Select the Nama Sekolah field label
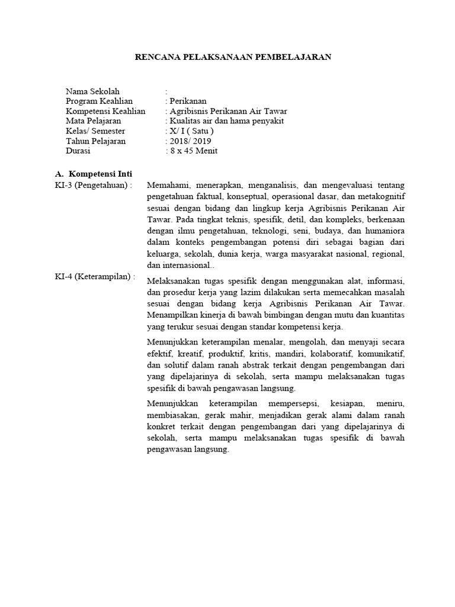click(93, 91)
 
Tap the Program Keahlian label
click(100, 101)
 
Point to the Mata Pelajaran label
click(94, 121)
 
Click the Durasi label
click(79, 151)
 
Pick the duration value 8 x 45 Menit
click(193, 151)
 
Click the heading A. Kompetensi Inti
click(94, 174)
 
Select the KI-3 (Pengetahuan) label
click(93, 185)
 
